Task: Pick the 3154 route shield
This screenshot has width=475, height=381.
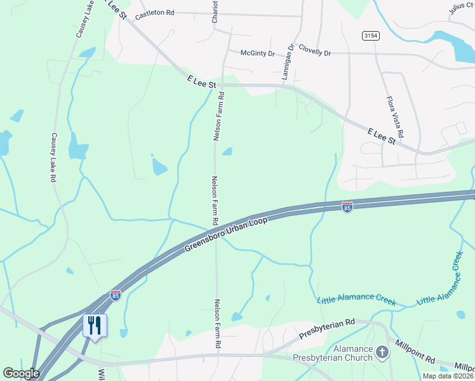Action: (371, 36)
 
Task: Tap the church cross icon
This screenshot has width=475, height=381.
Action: (382, 351)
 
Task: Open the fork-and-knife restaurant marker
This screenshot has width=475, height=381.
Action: (95, 326)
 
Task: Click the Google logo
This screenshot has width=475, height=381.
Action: (21, 373)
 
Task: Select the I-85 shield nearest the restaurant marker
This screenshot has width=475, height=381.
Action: (115, 295)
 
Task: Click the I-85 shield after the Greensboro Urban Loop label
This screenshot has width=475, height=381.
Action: (347, 208)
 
